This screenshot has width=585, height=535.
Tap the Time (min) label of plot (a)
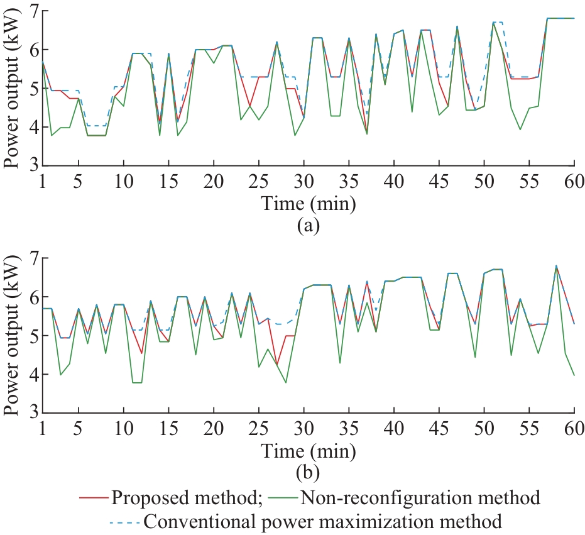(308, 203)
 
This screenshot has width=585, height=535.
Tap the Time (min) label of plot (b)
(308, 450)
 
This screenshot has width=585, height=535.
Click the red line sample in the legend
(94, 498)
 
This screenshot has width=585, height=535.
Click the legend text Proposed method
(186, 498)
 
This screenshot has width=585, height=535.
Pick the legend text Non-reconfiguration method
(420, 498)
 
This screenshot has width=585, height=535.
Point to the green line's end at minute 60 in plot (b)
(574, 375)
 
